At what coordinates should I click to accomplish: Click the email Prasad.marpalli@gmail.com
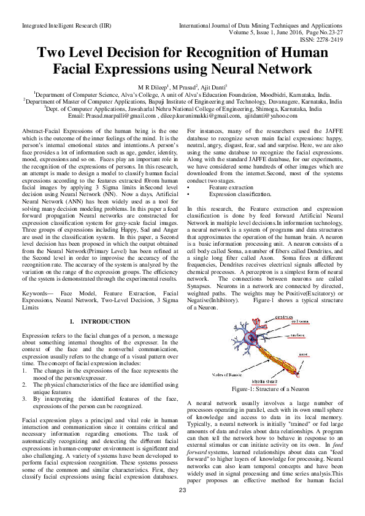120,115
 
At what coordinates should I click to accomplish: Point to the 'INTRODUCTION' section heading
106,322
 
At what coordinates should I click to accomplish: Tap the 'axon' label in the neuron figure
303,354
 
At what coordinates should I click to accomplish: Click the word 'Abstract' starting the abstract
34,132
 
